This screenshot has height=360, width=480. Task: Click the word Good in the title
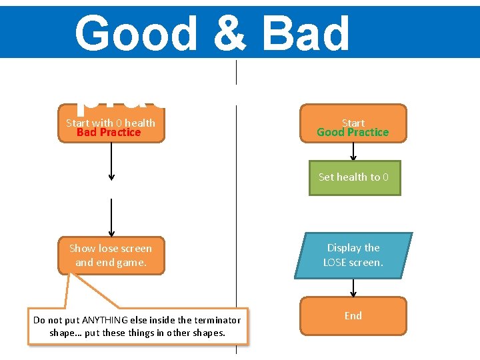136,33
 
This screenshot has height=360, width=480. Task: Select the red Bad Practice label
109,132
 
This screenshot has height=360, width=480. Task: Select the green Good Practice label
353,132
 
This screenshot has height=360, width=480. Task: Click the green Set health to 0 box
354,177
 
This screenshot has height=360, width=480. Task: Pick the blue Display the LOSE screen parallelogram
353,255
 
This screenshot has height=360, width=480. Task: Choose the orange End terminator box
353,316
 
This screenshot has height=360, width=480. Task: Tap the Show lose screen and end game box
111,255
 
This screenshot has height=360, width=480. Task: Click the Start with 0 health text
111,123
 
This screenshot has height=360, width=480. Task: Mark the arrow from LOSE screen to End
353,287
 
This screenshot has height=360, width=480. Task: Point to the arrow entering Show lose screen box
111,218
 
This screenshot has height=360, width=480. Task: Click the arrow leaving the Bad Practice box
111,161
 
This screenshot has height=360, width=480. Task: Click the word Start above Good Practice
353,123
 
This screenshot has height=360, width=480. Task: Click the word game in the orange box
130,262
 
